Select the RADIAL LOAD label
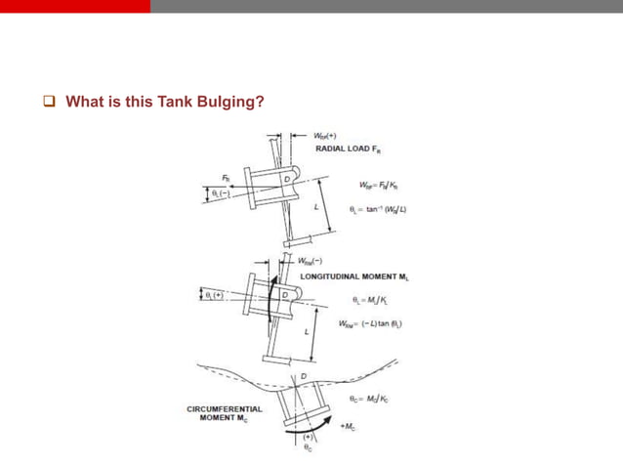point(349,149)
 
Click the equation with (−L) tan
point(370,323)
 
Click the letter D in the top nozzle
point(286,179)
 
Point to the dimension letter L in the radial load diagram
point(315,208)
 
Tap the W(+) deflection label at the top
point(326,136)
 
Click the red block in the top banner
point(75,6)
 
